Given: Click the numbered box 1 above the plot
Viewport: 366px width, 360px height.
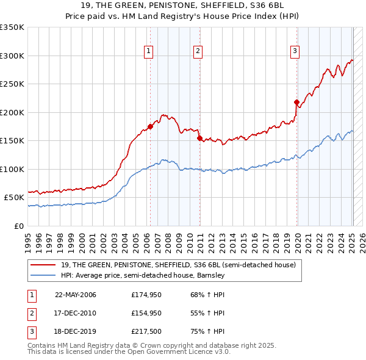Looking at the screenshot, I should [x=148, y=51].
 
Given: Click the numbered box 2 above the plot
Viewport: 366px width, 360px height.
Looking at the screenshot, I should [x=198, y=51].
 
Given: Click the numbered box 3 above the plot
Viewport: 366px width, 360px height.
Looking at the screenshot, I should [x=295, y=51].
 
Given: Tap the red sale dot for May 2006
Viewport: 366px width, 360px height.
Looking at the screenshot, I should [x=150, y=127].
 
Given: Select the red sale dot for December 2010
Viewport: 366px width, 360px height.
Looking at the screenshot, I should [x=199, y=139].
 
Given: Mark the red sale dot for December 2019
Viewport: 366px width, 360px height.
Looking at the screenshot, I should [x=296, y=103].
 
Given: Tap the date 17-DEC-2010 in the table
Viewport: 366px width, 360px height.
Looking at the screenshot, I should [x=76, y=313].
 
